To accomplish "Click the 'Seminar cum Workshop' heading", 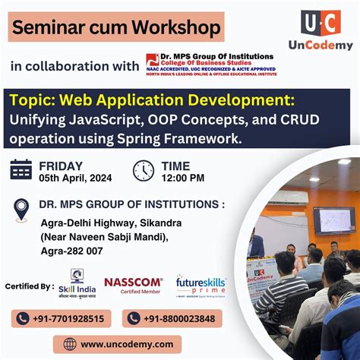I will (118, 29).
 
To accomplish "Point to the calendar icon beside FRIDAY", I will (21, 169).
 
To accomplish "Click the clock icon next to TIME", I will (143, 170).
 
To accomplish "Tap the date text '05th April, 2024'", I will (74, 178).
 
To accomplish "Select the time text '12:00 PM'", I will (183, 178).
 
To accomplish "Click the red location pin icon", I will (21, 209).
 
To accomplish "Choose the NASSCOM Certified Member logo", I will (133, 285).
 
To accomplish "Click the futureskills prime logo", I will (201, 286).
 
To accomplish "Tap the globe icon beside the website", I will (71, 344).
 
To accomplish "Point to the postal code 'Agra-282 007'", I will (71, 250).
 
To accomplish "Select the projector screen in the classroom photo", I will (334, 219).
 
